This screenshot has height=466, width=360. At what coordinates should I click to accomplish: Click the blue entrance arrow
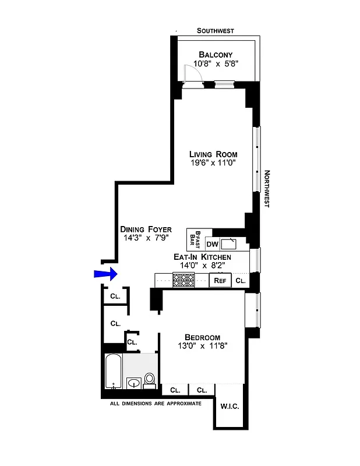click(105, 274)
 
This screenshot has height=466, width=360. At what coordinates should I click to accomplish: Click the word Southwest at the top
click(215, 31)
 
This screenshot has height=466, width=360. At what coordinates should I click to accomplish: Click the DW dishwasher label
click(212, 244)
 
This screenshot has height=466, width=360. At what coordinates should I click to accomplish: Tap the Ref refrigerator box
click(220, 280)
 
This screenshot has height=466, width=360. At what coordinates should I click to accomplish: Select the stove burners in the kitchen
click(184, 280)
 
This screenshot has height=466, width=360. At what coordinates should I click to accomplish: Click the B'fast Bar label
click(195, 239)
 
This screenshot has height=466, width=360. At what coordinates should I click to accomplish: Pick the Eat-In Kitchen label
click(202, 257)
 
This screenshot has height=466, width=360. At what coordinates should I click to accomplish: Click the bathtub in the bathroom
click(113, 372)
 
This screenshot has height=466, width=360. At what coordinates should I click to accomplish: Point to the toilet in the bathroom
click(149, 380)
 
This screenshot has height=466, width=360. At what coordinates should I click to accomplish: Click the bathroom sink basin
click(134, 383)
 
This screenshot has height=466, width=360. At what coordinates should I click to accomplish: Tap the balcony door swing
click(190, 74)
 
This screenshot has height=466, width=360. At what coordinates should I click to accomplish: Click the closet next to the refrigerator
click(240, 280)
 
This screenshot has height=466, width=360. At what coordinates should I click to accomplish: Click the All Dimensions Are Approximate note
click(156, 403)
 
